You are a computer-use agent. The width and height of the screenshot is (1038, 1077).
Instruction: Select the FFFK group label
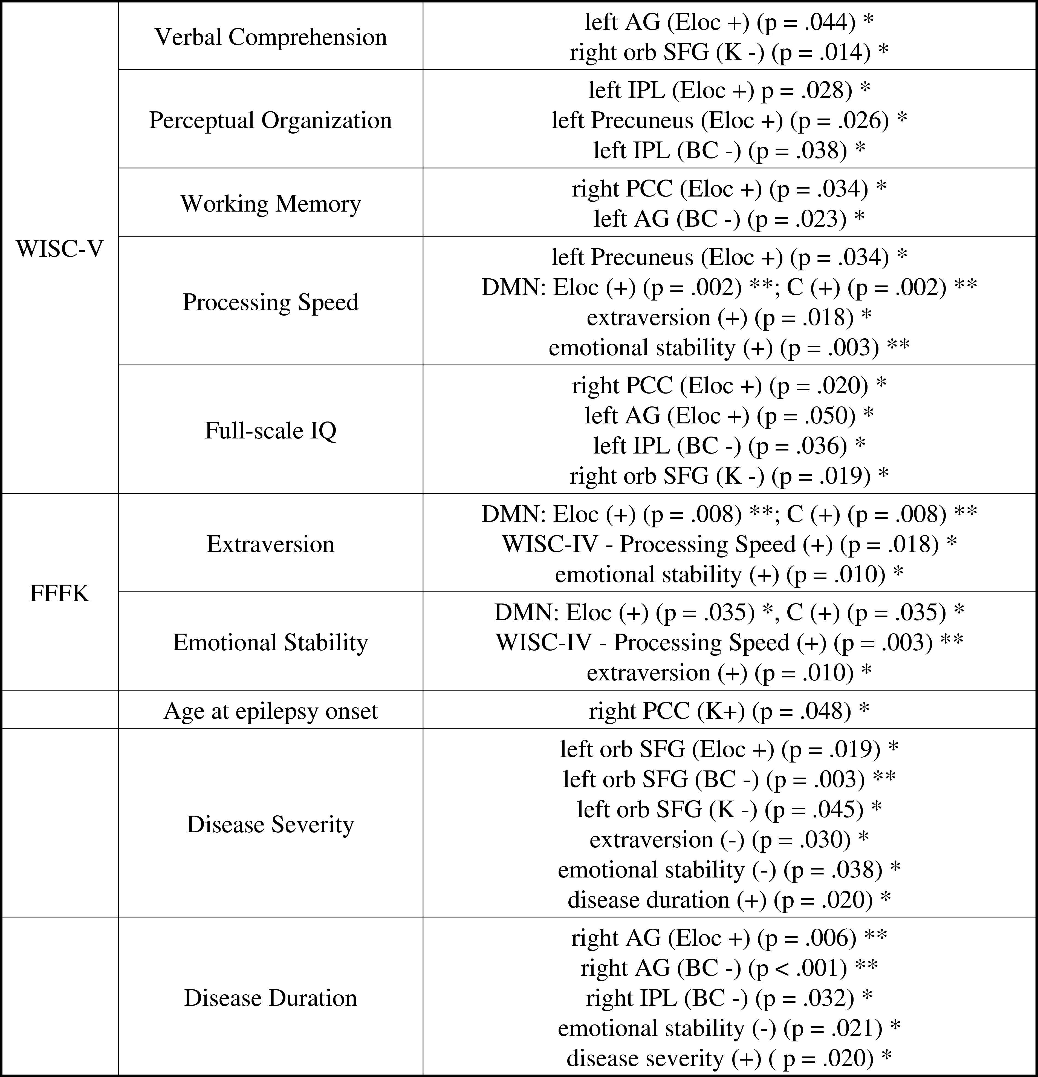click(59, 593)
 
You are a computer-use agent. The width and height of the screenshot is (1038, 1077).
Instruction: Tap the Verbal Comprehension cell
click(270, 37)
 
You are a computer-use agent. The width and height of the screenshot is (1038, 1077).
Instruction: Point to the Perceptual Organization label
click(270, 120)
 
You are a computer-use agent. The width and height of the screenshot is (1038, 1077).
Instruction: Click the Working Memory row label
click(270, 203)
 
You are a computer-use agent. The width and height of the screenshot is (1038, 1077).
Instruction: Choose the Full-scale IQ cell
click(270, 430)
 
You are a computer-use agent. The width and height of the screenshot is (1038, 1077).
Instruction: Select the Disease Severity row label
click(270, 824)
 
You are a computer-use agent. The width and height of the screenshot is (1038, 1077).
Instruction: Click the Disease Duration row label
click(270, 997)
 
